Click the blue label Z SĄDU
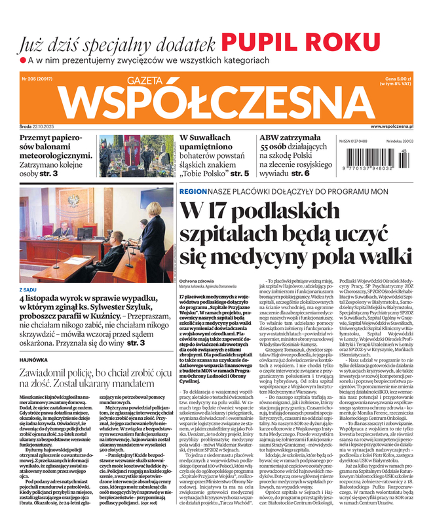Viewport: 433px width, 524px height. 28,271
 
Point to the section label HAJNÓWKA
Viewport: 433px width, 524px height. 34,341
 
